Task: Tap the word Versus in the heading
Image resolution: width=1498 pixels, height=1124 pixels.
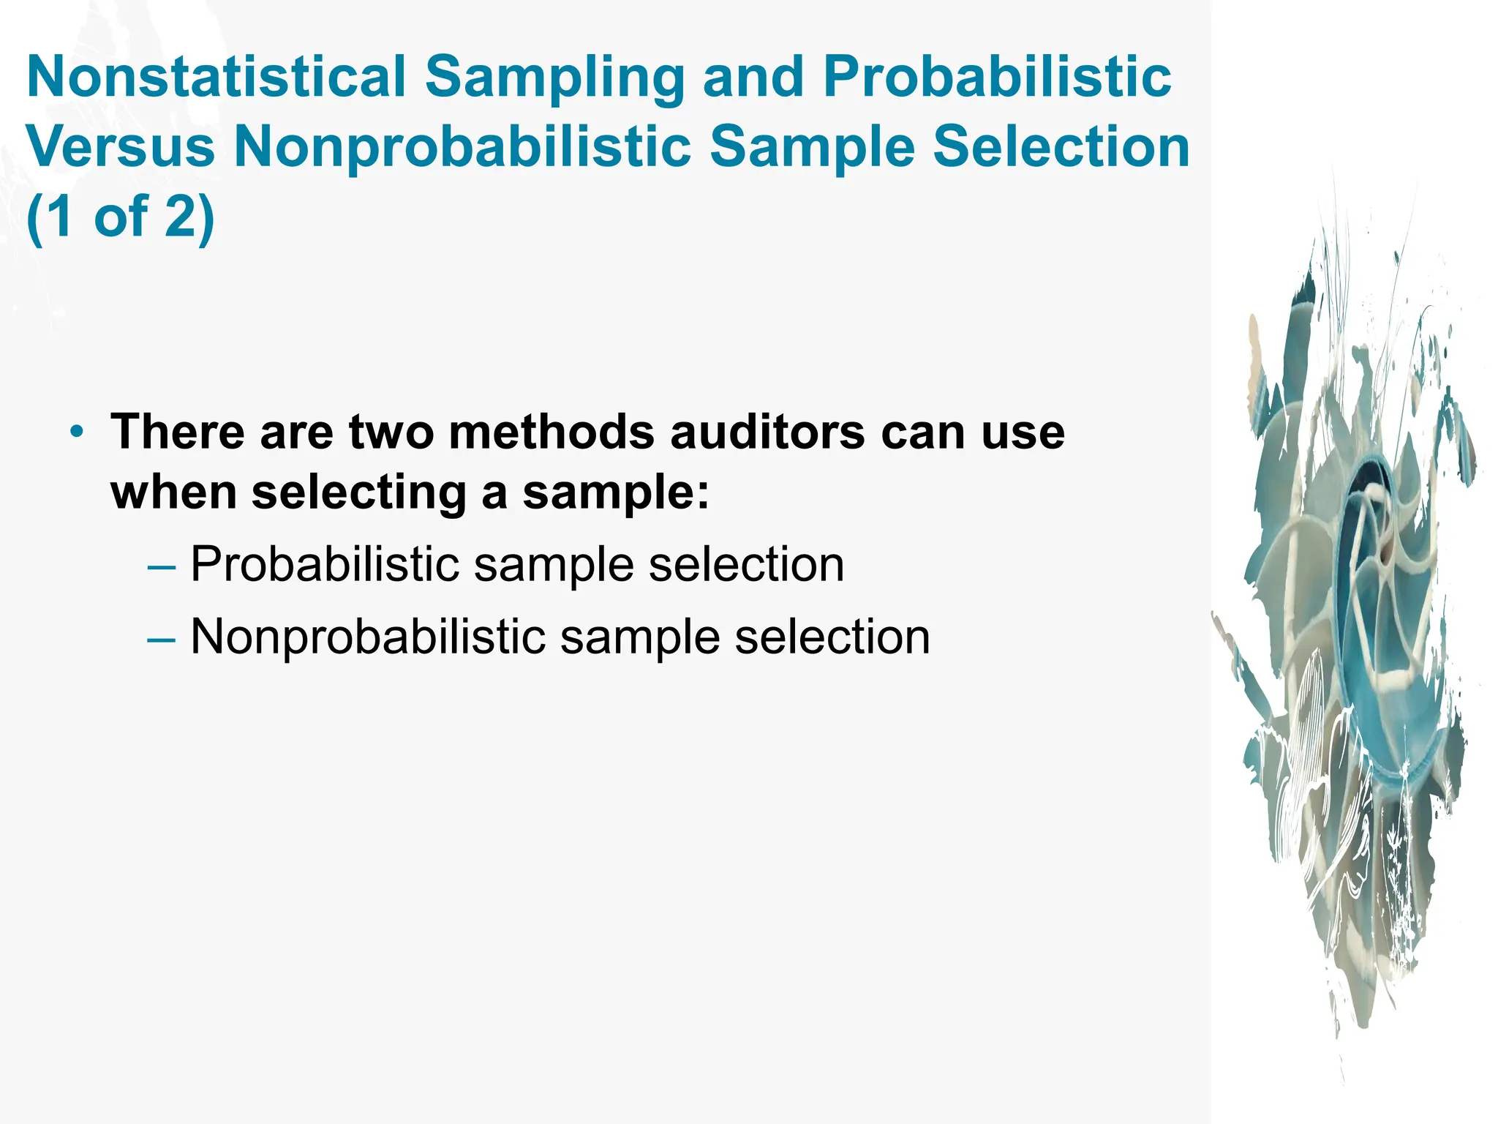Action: coord(121,146)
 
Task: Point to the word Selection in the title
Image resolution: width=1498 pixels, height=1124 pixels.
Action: coord(1061,146)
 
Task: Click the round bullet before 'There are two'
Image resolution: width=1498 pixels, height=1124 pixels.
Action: coord(77,432)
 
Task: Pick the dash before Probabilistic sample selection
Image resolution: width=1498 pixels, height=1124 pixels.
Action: coord(161,566)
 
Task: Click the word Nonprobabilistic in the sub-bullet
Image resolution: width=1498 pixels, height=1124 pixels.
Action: coord(368,637)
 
